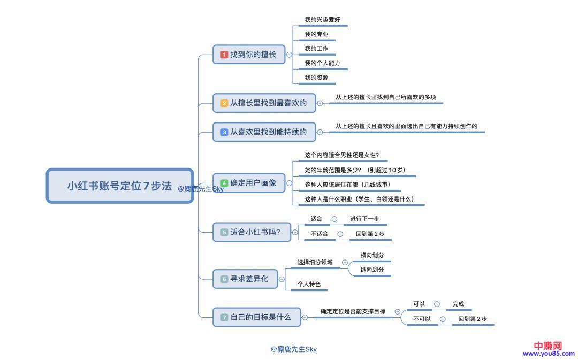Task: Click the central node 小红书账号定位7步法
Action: tap(119, 186)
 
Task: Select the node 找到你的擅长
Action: tap(249, 55)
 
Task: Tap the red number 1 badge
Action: tap(224, 55)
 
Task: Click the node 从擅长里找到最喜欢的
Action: tap(264, 103)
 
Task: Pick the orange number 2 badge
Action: tap(224, 103)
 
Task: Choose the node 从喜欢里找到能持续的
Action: tap(264, 132)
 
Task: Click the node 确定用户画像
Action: tap(249, 183)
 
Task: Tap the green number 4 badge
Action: tap(224, 183)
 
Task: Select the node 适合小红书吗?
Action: tap(250, 232)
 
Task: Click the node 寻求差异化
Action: tap(245, 279)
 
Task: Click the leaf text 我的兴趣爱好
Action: tap(322, 20)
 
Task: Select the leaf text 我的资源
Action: tap(316, 78)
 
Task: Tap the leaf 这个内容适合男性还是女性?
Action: tap(342, 156)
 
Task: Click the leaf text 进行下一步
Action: tap(364, 219)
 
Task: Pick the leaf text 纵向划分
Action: tap(372, 270)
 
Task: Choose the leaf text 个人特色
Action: tap(309, 284)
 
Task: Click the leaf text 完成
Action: tap(458, 304)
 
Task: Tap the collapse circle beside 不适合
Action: tap(340, 234)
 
